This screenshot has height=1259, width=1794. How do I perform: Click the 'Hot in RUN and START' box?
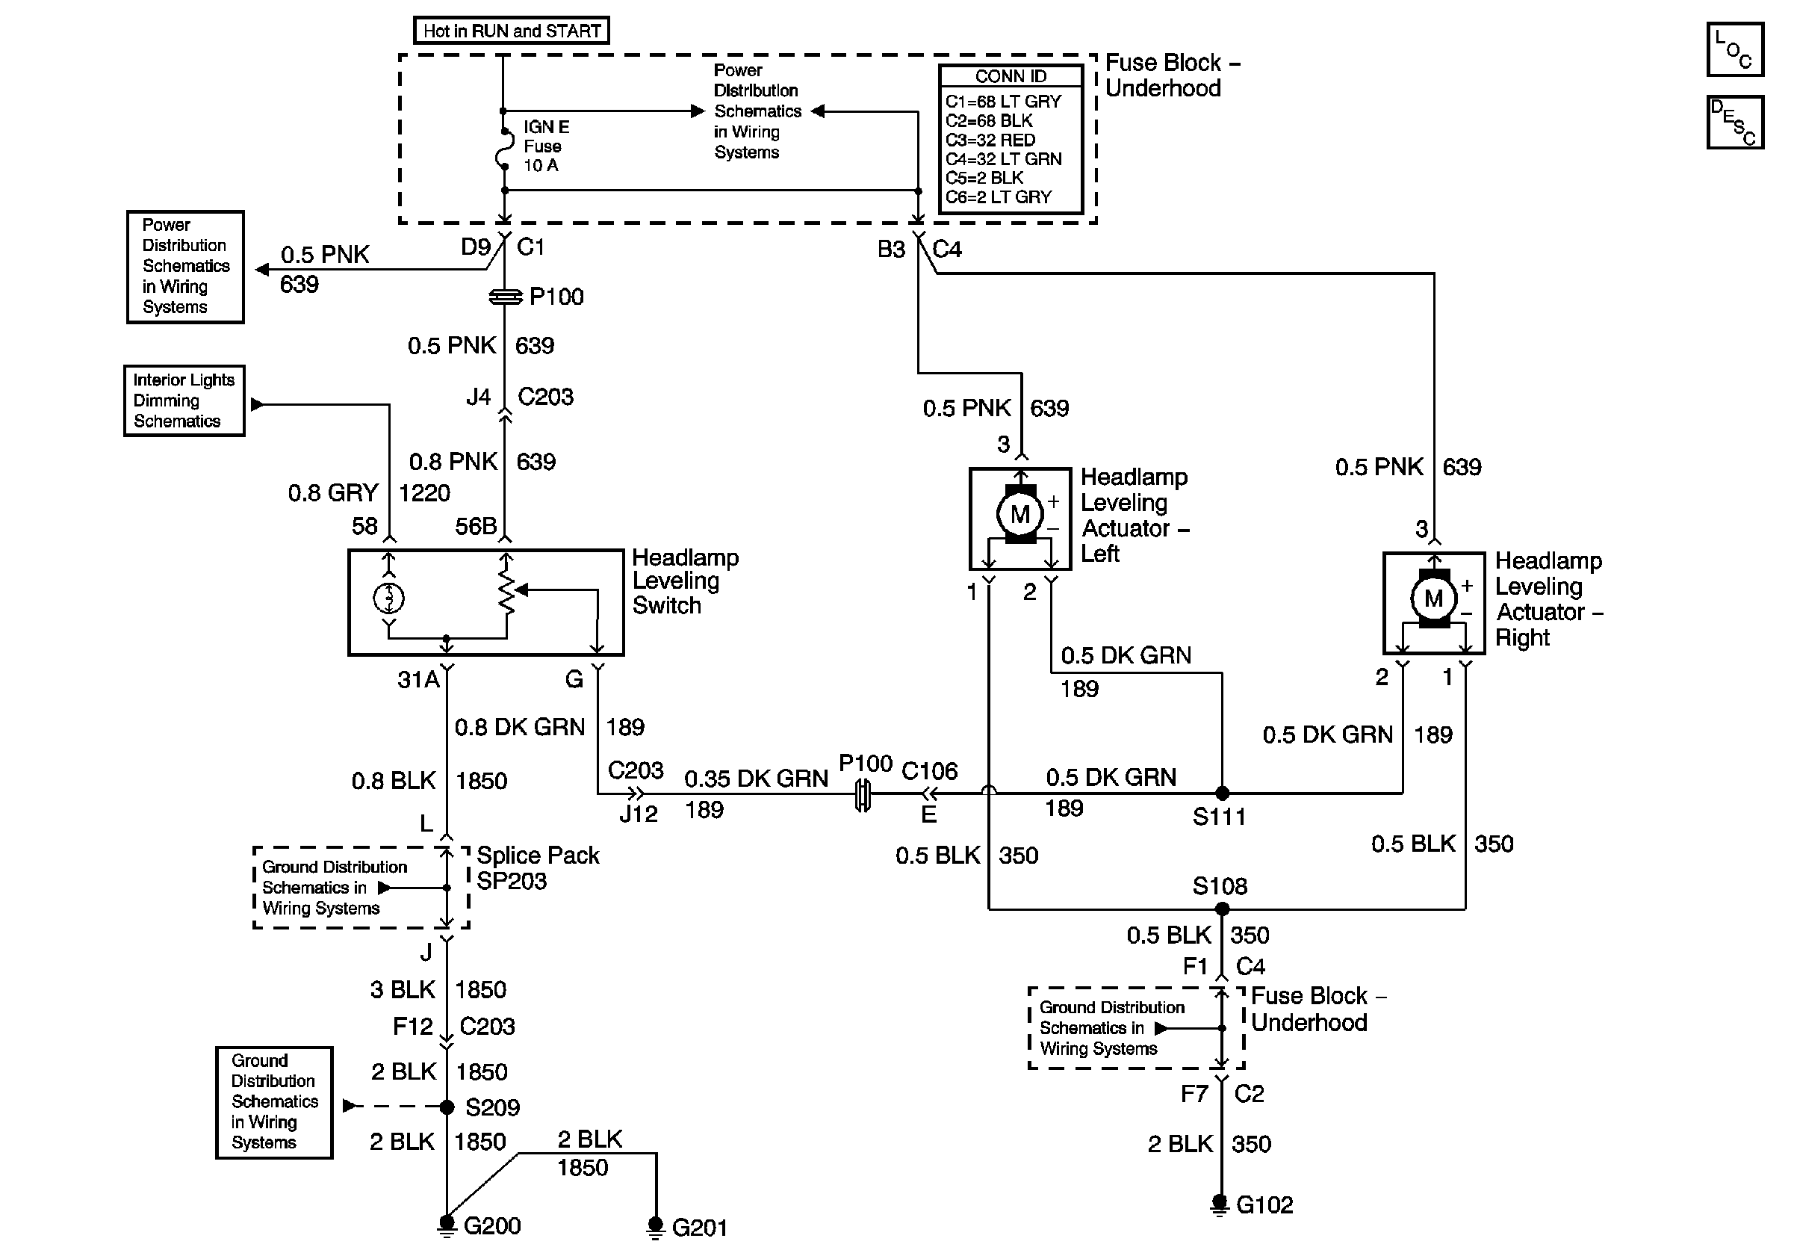(511, 31)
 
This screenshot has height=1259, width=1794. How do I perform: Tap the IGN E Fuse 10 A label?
(546, 146)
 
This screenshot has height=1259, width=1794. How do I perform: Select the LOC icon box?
(1734, 50)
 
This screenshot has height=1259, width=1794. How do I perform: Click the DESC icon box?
(1734, 122)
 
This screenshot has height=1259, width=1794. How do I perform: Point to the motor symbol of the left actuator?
(1019, 514)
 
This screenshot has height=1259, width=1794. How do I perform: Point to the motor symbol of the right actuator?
(1433, 598)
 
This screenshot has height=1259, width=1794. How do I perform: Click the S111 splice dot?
(1222, 794)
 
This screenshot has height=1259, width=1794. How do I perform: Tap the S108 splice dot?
(1222, 909)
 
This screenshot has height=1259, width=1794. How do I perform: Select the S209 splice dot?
(447, 1107)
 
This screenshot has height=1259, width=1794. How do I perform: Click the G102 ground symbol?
(1220, 1205)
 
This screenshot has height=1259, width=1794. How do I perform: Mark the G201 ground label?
(699, 1228)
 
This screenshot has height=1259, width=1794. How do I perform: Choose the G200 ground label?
(491, 1225)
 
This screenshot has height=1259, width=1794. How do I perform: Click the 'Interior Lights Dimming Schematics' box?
(184, 401)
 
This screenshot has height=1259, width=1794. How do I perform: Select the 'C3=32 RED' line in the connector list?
(990, 140)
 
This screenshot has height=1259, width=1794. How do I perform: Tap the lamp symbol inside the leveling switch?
(389, 598)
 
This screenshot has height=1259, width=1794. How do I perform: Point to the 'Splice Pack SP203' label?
(538, 868)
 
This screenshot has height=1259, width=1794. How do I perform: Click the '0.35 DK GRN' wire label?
(756, 779)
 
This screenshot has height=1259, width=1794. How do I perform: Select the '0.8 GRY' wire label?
(333, 493)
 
